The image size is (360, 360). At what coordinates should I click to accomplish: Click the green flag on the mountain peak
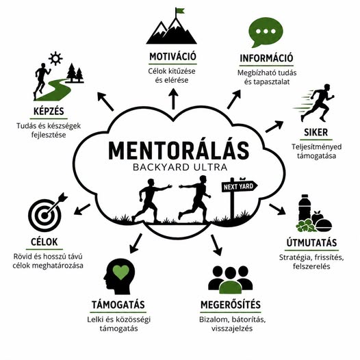click(x=180, y=10)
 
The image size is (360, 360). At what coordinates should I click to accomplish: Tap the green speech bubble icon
click(x=266, y=32)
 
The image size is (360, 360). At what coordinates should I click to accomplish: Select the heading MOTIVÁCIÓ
click(x=172, y=57)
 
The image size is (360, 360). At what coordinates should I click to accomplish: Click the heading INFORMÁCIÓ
click(x=266, y=58)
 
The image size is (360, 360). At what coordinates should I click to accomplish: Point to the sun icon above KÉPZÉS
click(x=55, y=58)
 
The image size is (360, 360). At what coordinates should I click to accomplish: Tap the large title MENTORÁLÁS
click(x=179, y=151)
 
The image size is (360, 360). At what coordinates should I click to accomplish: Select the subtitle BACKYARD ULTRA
click(x=180, y=167)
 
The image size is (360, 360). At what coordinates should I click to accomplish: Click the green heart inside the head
click(x=121, y=272)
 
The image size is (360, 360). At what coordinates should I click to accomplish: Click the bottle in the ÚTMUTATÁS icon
click(x=305, y=208)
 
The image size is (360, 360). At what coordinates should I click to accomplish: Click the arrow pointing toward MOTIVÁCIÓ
click(x=174, y=99)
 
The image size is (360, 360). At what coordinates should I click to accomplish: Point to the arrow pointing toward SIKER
click(x=274, y=127)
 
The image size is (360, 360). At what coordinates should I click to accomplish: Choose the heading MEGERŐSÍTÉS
click(x=231, y=305)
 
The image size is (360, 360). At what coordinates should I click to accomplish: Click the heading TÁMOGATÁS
click(x=118, y=305)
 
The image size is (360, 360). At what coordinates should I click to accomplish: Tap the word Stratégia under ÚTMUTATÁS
click(x=296, y=257)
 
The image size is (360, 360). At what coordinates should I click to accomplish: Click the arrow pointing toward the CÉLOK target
click(x=82, y=209)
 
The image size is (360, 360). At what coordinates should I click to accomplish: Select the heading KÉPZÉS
click(x=49, y=112)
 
